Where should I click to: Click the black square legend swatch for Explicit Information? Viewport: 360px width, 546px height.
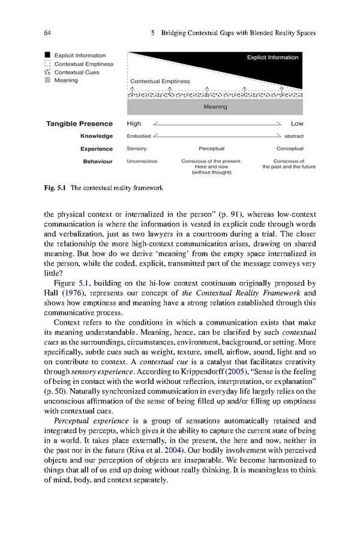[48, 56]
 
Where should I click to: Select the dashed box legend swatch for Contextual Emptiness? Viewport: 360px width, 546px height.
[48, 64]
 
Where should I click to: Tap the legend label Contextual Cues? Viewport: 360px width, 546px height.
[77, 72]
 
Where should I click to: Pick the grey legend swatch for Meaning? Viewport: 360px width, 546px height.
[48, 80]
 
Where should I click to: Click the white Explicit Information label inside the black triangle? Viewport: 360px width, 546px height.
[272, 58]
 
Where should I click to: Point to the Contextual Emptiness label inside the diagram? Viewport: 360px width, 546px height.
[160, 81]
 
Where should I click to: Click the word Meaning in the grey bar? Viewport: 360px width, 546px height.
[215, 107]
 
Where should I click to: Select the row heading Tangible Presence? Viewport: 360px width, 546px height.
[79, 124]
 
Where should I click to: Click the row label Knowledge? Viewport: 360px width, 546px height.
[96, 136]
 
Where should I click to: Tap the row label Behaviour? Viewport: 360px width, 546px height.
[97, 161]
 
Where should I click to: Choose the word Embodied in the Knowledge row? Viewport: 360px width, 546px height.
[139, 136]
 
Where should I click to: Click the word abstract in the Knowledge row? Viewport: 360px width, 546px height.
[293, 136]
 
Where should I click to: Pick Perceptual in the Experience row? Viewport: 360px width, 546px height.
[211, 149]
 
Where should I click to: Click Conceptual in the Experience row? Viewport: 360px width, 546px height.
[290, 149]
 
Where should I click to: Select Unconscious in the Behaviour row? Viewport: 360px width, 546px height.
[142, 161]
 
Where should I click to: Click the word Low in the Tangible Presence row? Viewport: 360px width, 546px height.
[297, 124]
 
